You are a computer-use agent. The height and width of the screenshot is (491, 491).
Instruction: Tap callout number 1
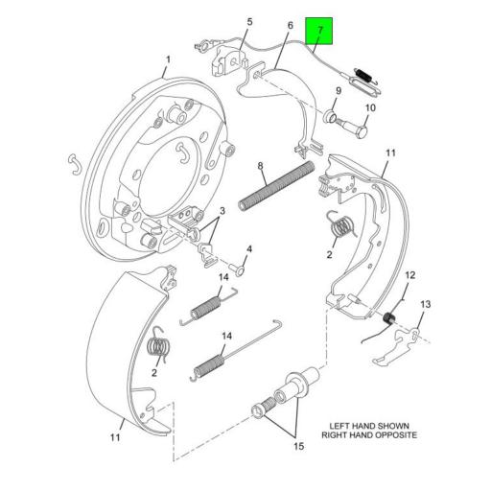(x=166, y=59)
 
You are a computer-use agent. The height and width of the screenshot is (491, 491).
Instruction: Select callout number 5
(x=250, y=22)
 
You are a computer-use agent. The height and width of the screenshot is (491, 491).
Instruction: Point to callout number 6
(x=290, y=27)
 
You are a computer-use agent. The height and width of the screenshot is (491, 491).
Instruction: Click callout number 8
(x=260, y=167)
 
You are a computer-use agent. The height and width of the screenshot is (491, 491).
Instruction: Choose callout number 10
(x=371, y=107)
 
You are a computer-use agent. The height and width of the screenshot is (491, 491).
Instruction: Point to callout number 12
(x=409, y=277)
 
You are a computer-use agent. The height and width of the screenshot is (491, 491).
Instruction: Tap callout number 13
(x=426, y=304)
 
